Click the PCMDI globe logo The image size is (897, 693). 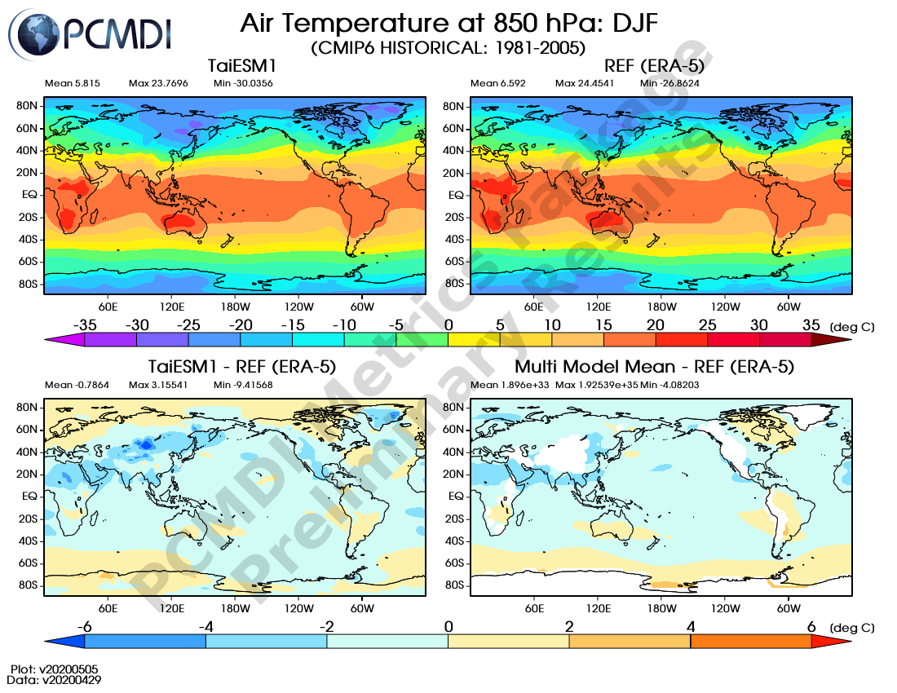click(x=34, y=33)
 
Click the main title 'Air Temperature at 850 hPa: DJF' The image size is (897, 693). click(x=448, y=24)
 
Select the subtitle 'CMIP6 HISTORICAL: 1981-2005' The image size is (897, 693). click(x=448, y=48)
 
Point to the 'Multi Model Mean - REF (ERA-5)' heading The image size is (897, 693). click(x=654, y=367)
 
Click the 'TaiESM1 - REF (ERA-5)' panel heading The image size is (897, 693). click(x=241, y=367)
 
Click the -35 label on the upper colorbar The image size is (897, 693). click(x=85, y=324)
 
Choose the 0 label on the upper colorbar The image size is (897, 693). click(x=448, y=324)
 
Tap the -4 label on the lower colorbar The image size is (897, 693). click(x=205, y=626)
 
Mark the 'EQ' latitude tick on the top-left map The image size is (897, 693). click(x=29, y=196)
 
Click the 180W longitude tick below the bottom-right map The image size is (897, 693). click(x=661, y=608)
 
